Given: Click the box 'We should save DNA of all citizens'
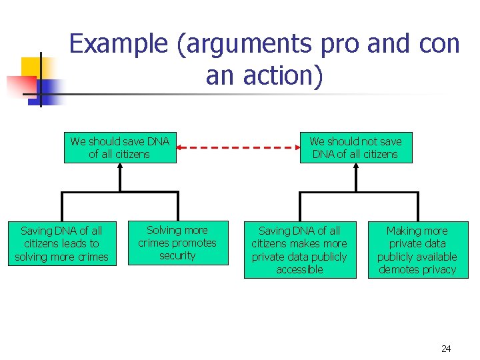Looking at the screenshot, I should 120,147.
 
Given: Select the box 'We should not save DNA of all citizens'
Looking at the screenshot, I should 355,147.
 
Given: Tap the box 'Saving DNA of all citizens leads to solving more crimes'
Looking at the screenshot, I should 61,243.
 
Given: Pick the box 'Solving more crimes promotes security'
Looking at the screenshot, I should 177,243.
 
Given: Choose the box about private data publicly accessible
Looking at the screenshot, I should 299,250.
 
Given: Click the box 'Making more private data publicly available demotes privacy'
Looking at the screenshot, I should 417,250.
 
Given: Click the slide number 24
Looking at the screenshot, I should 446,349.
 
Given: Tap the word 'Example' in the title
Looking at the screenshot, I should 118,44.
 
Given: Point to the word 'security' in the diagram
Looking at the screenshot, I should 177,255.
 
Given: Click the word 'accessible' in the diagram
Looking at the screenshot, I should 299,269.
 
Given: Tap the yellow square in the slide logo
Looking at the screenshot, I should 31,67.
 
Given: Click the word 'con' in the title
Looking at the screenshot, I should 439,44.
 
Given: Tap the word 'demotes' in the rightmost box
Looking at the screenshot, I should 397,269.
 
